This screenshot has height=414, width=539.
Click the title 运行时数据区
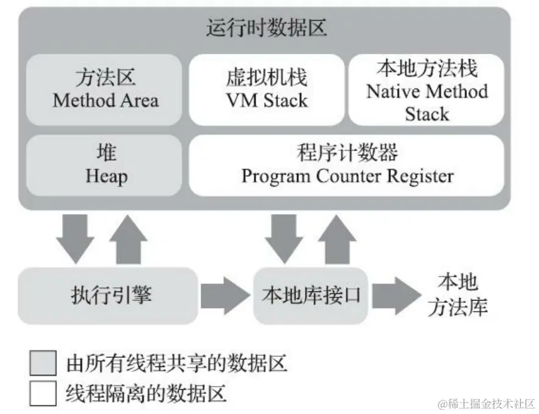(266, 29)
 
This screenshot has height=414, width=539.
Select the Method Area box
(105, 90)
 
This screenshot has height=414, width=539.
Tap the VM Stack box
(266, 90)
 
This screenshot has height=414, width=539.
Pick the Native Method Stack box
(427, 90)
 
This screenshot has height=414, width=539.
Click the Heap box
(105, 165)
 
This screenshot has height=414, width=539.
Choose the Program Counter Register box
(347, 165)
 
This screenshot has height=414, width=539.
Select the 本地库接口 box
(311, 296)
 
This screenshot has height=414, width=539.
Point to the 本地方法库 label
(457, 295)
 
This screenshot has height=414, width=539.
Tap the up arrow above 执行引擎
(128, 239)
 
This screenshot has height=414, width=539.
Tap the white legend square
(44, 392)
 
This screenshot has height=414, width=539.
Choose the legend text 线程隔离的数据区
(146, 393)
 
